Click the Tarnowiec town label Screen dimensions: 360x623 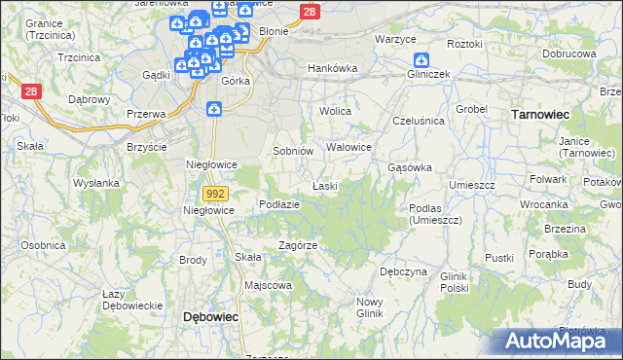click(540, 114)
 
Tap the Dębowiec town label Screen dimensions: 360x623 click(211, 317)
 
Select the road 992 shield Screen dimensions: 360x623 click(216, 194)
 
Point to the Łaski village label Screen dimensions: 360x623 click(324, 185)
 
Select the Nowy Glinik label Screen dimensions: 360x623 click(369, 306)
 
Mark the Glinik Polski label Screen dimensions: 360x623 click(455, 281)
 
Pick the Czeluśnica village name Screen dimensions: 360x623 click(418, 120)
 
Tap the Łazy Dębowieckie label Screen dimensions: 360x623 click(131, 300)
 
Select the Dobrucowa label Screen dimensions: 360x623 click(568, 54)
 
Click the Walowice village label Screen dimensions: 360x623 click(349, 147)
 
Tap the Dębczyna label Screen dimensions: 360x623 click(403, 271)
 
